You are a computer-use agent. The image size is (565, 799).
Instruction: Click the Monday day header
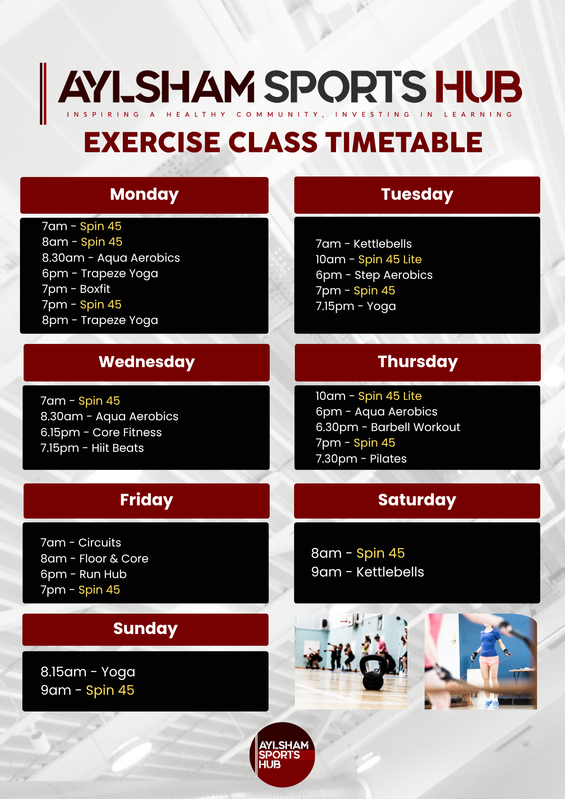tap(144, 195)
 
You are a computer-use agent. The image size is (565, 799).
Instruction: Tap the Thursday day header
tap(418, 362)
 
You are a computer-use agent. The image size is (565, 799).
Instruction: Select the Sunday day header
tap(145, 629)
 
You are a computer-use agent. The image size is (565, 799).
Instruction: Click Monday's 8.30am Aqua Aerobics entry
tap(111, 258)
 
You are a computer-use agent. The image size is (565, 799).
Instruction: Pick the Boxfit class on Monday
tap(76, 289)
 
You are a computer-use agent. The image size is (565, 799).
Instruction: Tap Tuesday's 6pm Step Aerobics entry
tap(374, 275)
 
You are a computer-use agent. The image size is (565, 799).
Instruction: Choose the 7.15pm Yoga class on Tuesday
tap(356, 306)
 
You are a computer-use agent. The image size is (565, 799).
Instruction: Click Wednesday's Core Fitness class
tap(101, 433)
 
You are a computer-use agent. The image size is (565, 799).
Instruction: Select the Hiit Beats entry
tap(92, 448)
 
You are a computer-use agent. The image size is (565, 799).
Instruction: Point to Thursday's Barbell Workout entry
tap(388, 427)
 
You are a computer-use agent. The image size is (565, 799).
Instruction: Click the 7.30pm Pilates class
tap(361, 459)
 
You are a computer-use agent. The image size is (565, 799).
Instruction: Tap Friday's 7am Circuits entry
tap(81, 543)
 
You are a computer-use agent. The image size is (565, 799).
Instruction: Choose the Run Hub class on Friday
tap(84, 574)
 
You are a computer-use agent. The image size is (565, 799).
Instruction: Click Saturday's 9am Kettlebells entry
tap(368, 572)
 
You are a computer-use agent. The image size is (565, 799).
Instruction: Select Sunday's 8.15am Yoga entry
tap(88, 672)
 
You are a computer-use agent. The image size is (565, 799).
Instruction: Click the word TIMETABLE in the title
tap(404, 143)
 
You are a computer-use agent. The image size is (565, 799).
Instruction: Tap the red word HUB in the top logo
tap(478, 87)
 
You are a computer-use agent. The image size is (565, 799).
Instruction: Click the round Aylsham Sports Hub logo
tap(282, 755)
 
